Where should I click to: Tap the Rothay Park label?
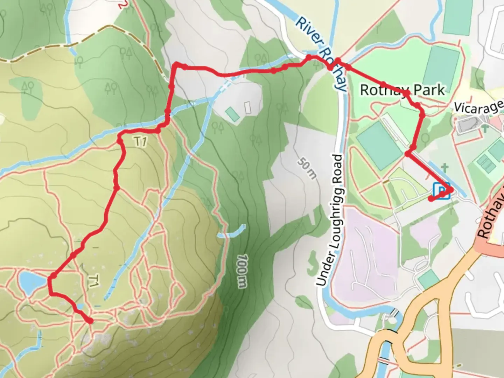402,90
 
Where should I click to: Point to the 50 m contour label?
307,168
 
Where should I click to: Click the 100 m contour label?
242,271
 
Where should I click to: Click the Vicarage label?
479,107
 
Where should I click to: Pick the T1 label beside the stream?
140,141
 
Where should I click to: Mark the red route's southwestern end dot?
90,321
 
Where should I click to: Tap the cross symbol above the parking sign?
445,167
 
